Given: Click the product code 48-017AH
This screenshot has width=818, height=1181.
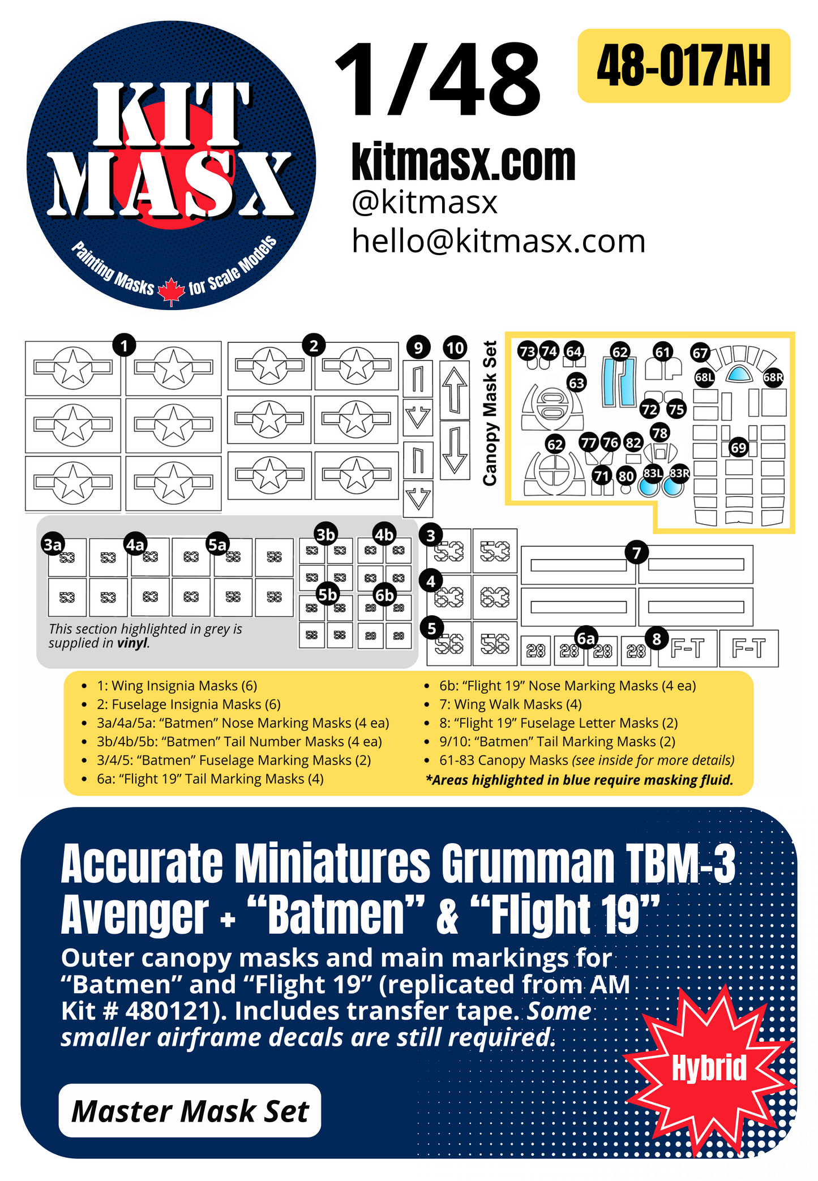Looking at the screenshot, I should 683,66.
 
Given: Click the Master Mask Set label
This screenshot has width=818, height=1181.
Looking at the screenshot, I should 190,1111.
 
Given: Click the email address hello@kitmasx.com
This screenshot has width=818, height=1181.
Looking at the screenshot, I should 498,242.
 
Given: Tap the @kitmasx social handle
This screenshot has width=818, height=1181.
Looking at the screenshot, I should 425,202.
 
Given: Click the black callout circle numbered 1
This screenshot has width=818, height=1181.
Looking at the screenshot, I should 124,345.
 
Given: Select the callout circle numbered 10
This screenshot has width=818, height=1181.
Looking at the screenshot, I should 455,347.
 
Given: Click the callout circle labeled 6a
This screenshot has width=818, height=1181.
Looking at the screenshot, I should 586,638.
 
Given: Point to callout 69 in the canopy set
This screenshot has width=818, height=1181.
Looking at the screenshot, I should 738,448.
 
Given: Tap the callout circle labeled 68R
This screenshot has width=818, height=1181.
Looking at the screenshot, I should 773,377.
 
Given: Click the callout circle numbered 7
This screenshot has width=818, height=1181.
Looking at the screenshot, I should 636,552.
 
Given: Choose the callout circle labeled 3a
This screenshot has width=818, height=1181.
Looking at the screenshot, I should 53,544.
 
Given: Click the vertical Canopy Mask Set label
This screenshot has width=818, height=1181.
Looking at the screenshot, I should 490,413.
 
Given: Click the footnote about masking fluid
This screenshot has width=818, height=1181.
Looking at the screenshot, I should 579,780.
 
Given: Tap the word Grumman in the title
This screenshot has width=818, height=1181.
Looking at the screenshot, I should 528,865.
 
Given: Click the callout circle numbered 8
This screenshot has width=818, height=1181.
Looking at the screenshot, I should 657,639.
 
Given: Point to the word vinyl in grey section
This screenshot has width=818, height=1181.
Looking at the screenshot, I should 133,643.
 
